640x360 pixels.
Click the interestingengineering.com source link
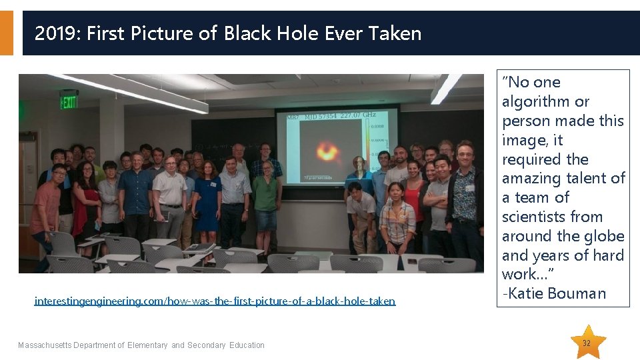(215, 301)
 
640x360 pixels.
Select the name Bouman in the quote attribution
(584, 293)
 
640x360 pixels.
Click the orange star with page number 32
(586, 343)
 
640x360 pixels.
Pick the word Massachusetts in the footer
(44, 345)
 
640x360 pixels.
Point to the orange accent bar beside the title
(6, 33)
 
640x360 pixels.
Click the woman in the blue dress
(207, 200)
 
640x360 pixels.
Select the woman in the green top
(267, 193)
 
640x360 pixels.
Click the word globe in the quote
(603, 236)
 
